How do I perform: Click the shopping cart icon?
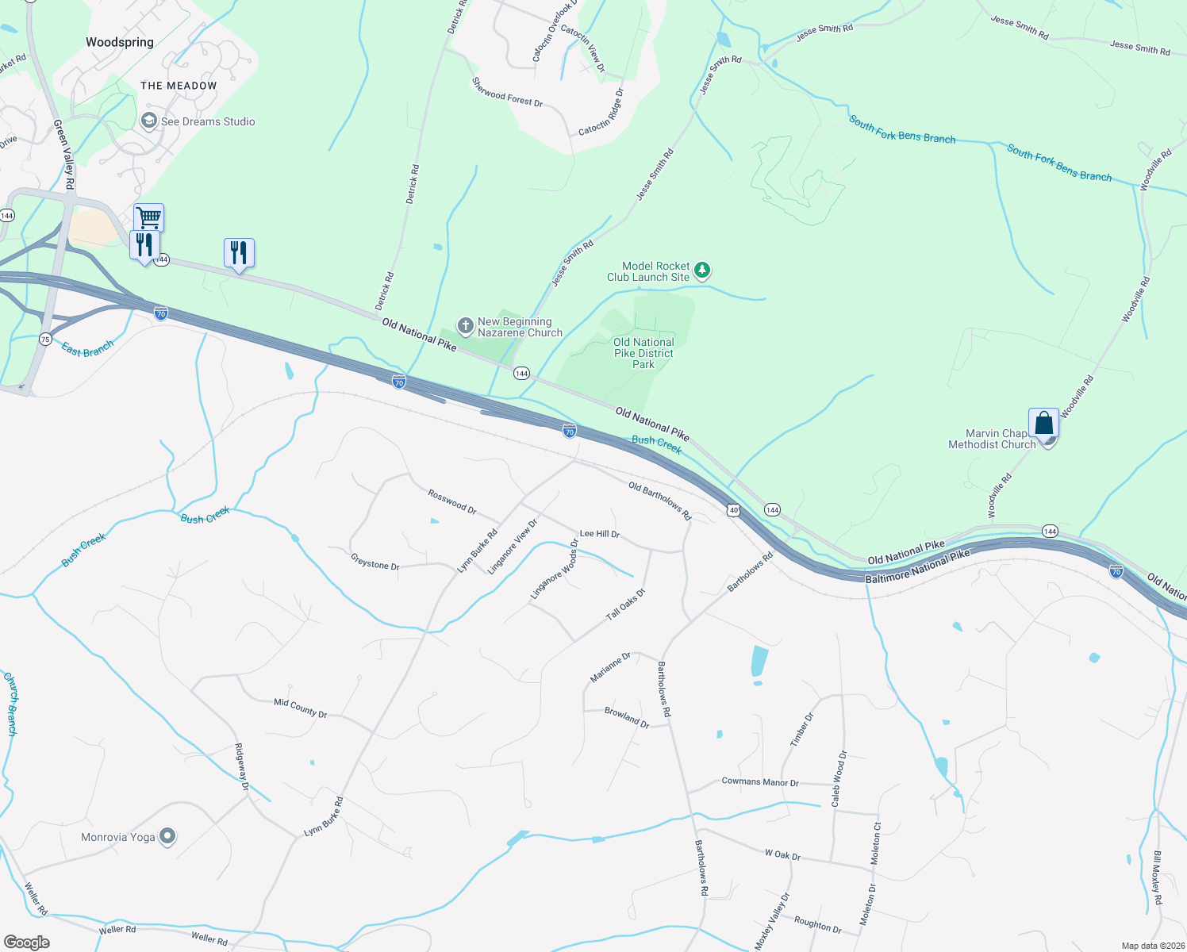[148, 217]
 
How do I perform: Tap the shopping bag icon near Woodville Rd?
[1043, 422]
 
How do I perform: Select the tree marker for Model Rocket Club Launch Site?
[702, 271]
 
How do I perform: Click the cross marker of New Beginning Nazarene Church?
[466, 326]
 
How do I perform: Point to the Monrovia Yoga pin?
[167, 836]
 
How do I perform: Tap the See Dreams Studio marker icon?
[148, 121]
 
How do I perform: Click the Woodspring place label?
[120, 42]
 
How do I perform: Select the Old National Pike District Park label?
[643, 353]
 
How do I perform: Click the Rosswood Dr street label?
[451, 501]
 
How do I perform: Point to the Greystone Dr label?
[375, 564]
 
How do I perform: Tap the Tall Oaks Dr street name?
[626, 605]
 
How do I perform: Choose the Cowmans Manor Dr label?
[759, 781]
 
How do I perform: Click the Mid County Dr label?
[300, 708]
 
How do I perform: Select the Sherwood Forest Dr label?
[507, 92]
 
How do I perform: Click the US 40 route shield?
[734, 510]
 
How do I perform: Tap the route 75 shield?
[45, 340]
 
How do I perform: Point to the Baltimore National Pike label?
[917, 567]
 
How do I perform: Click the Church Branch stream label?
[10, 704]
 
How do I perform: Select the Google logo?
[27, 942]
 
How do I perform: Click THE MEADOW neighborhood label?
[179, 86]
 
